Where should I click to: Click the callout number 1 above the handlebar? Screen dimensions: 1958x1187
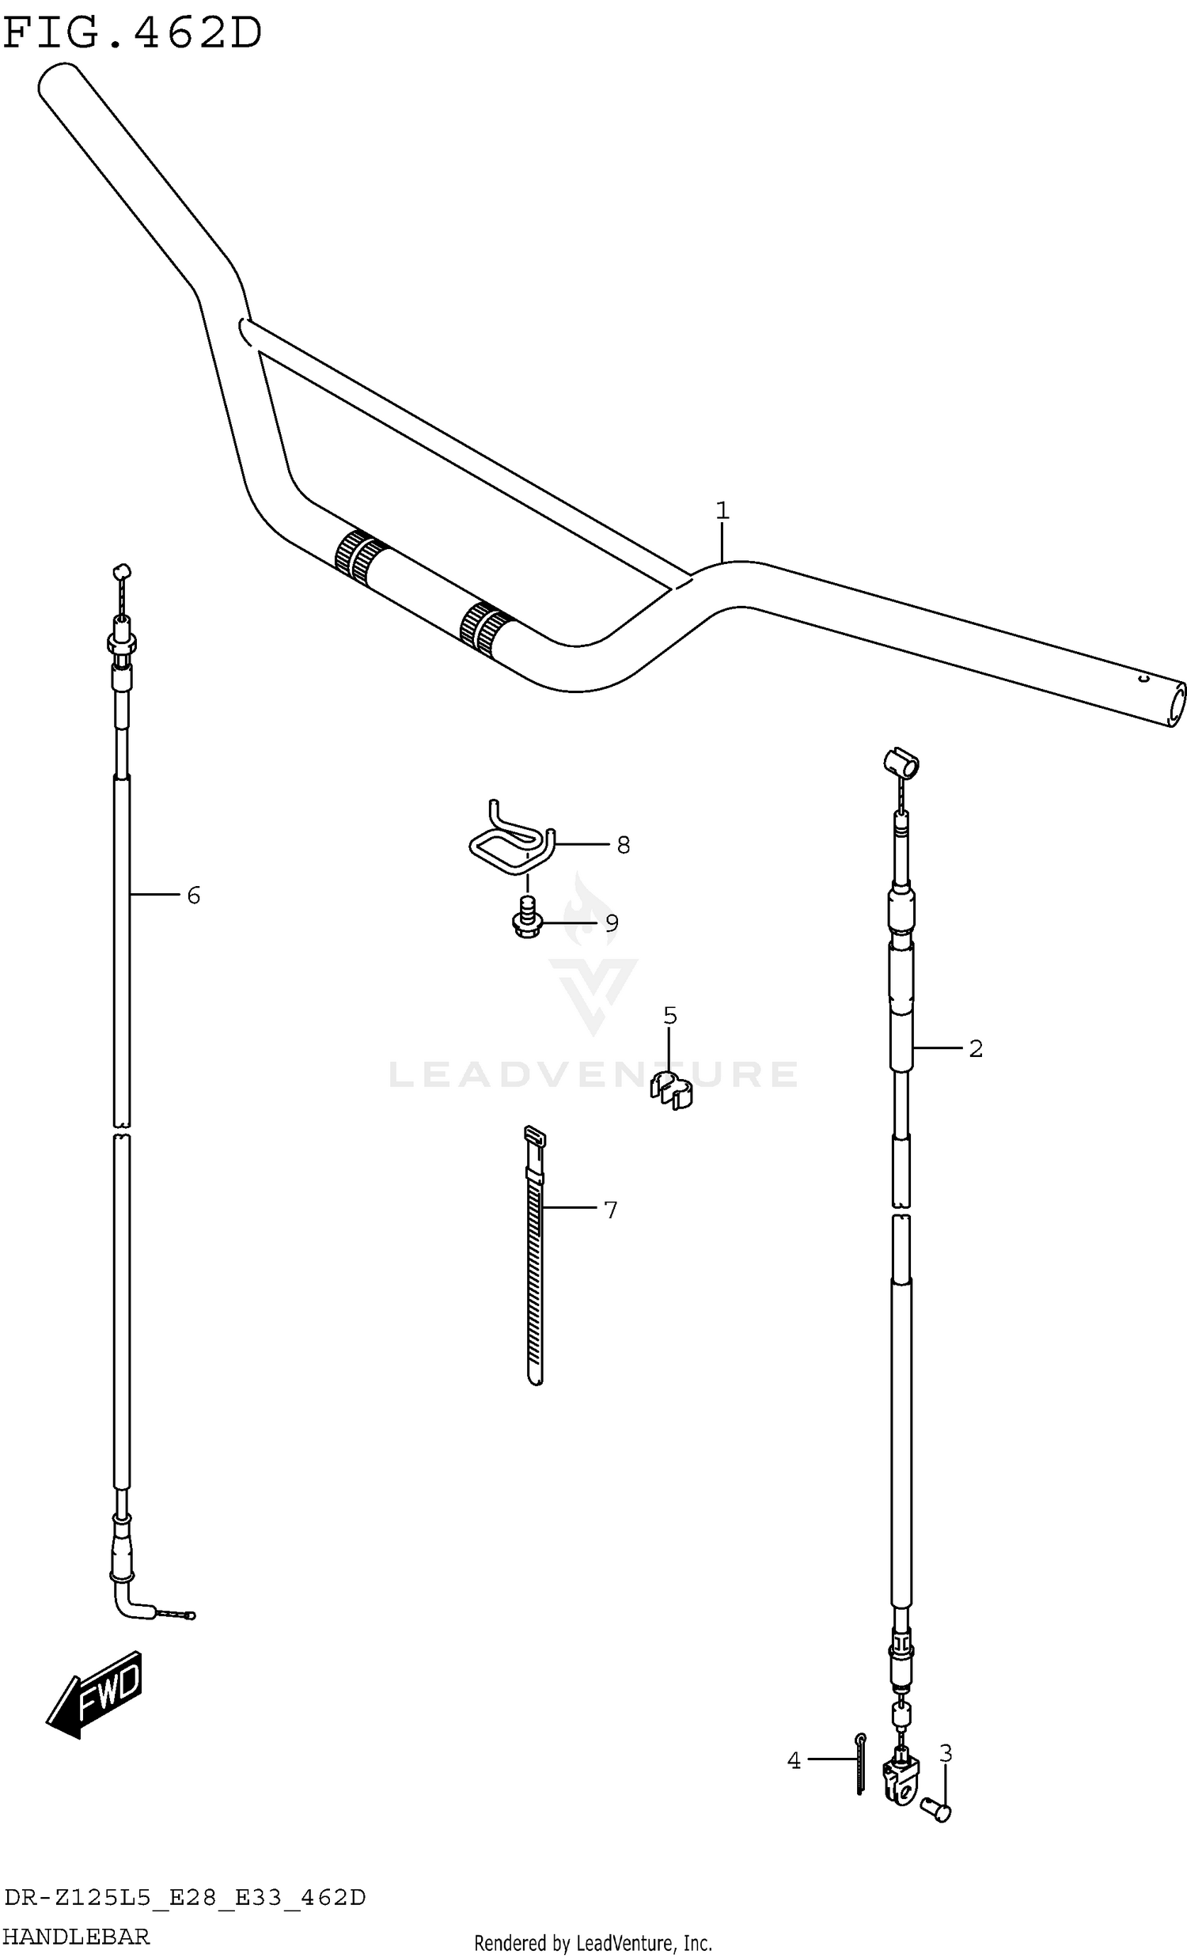721,510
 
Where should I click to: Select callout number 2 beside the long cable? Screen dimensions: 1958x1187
976,1048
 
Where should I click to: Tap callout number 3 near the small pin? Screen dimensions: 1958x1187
946,1752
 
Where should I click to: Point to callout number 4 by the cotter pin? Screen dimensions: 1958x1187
794,1761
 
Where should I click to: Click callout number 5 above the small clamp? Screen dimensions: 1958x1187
669,1016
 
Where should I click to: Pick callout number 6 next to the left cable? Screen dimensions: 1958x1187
193,896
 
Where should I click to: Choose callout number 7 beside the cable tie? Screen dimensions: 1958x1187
610,1210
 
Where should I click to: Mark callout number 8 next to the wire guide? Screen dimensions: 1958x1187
623,845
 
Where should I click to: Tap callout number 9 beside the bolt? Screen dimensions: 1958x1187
611,922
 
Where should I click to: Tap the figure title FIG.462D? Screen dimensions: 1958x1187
132,33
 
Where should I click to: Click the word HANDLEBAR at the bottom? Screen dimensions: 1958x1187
76,1937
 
